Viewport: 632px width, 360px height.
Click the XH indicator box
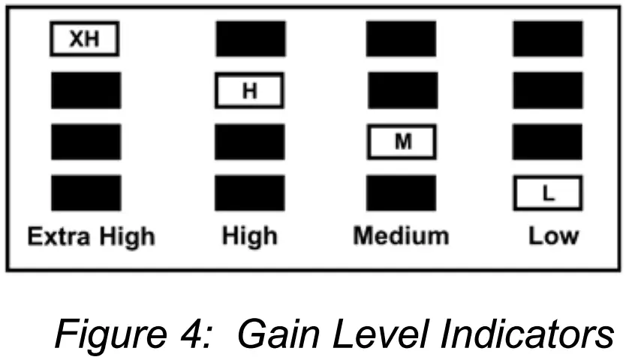coord(85,39)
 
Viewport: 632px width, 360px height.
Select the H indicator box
coord(249,91)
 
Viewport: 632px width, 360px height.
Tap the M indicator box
coord(402,142)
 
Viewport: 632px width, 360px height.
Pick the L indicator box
coord(547,193)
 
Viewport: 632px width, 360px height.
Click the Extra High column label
coord(91,237)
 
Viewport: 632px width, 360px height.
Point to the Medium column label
coord(401,237)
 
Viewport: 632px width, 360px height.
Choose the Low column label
coord(553,237)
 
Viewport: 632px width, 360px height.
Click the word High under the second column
coord(250,237)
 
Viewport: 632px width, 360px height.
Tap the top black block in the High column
coord(250,39)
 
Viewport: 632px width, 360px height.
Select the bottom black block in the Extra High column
coord(86,193)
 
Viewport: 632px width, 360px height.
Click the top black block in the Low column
coord(547,39)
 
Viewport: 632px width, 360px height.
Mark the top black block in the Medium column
coord(401,39)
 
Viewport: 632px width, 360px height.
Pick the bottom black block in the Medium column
coord(401,193)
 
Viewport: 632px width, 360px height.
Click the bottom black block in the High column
coord(250,193)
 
